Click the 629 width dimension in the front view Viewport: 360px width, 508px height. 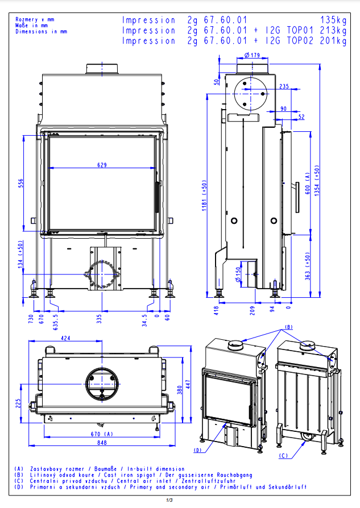[x=102, y=165]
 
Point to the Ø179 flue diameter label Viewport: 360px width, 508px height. [x=251, y=55]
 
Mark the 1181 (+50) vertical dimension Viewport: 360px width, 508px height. [x=204, y=193]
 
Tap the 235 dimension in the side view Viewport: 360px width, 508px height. [x=284, y=86]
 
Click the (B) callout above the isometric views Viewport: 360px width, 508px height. [x=288, y=327]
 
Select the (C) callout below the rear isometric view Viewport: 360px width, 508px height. [x=284, y=455]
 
